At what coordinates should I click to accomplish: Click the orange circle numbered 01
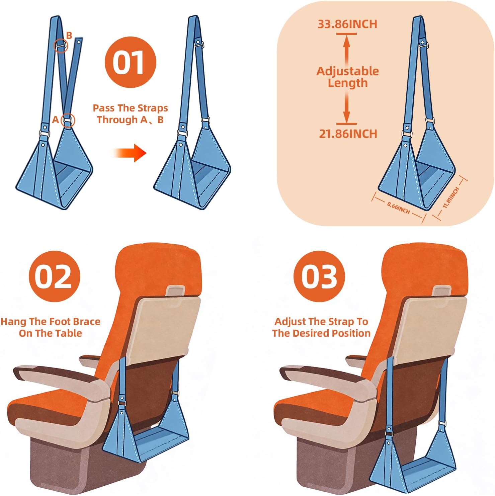(x=131, y=62)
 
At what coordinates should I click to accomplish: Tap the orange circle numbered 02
(x=55, y=276)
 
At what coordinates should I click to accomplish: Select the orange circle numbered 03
(x=319, y=276)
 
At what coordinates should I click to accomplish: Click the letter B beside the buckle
(x=69, y=35)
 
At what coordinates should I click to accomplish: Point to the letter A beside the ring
(x=56, y=119)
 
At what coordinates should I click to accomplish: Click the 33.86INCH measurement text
(x=347, y=24)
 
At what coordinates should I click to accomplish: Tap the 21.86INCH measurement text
(x=348, y=134)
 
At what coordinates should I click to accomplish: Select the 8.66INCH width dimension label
(x=398, y=208)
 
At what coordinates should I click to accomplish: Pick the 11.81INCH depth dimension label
(x=451, y=198)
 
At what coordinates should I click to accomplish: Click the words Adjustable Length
(x=347, y=77)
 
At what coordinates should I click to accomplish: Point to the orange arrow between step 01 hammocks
(x=130, y=153)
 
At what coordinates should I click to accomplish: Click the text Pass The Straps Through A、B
(x=130, y=114)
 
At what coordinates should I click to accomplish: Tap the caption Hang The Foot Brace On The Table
(x=51, y=327)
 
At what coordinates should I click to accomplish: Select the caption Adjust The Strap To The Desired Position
(x=321, y=327)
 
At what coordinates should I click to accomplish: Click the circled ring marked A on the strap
(x=68, y=120)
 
